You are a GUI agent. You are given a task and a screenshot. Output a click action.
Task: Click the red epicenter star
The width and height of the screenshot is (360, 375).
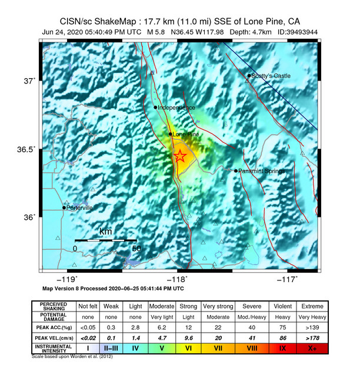pyautogui.click(x=180, y=156)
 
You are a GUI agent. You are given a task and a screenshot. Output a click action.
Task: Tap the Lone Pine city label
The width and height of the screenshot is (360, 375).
pyautogui.click(x=186, y=135)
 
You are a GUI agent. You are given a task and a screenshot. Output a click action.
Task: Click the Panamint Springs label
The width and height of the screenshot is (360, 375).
pyautogui.click(x=262, y=171)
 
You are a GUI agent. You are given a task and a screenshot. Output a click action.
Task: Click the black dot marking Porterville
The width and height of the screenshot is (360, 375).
pyautogui.click(x=64, y=207)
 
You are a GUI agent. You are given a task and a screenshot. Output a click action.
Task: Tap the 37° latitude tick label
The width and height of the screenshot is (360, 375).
pyautogui.click(x=30, y=81)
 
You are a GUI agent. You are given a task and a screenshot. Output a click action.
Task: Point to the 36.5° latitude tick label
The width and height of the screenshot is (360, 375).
pyautogui.click(x=28, y=149)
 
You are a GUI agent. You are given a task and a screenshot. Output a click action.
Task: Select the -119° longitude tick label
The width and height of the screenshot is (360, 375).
pyautogui.click(x=68, y=280)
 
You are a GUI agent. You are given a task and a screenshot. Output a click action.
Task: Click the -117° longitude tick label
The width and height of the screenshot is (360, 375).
pyautogui.click(x=289, y=280)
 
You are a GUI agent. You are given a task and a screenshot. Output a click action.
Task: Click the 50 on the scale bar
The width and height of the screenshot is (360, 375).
pyautogui.click(x=136, y=249)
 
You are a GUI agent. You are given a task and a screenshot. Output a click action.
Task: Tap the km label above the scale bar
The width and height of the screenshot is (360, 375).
pyautogui.click(x=106, y=232)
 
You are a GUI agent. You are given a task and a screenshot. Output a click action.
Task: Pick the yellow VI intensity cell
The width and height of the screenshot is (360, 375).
pyautogui.click(x=189, y=349)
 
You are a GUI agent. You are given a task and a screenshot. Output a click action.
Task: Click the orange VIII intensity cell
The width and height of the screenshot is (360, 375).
pyautogui.click(x=251, y=349)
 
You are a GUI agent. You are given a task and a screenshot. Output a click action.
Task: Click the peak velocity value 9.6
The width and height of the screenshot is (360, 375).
pyautogui.click(x=189, y=338)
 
